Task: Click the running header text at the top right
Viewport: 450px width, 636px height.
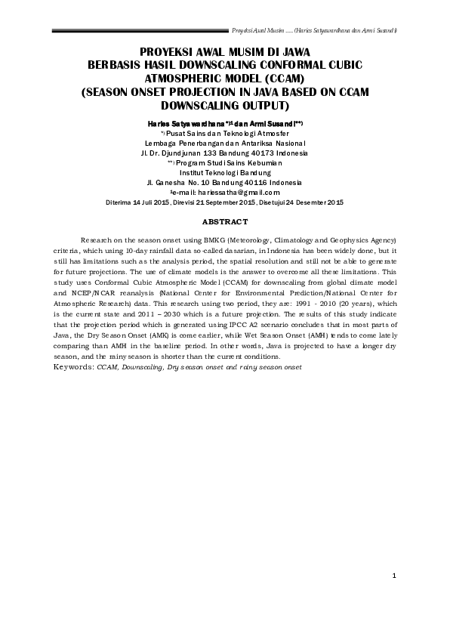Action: point(314,29)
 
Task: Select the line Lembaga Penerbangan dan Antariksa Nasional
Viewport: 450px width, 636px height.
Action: point(225,142)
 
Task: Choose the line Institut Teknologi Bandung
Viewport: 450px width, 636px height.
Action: point(225,172)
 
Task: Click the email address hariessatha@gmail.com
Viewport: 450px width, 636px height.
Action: point(230,193)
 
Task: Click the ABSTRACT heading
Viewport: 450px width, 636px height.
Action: point(225,221)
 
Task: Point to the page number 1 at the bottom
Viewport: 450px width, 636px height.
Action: point(395,577)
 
